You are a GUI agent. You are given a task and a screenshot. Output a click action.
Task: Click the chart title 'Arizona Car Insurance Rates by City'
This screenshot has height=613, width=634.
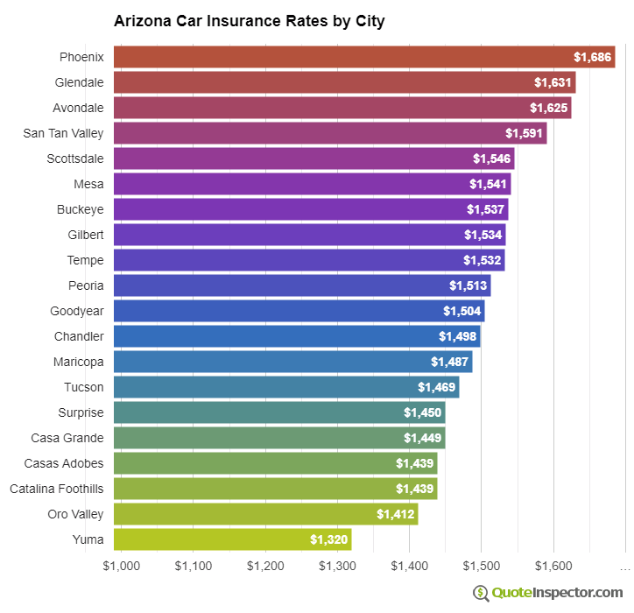pyautogui.click(x=249, y=20)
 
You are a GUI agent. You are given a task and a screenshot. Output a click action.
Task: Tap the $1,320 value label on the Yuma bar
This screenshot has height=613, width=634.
pyautogui.click(x=328, y=539)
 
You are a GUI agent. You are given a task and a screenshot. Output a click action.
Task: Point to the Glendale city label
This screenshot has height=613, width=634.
pyautogui.click(x=79, y=82)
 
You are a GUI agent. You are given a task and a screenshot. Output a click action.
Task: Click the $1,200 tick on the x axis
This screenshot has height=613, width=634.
pyautogui.click(x=265, y=566)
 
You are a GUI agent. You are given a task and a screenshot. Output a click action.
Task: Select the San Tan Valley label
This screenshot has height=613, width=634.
pyautogui.click(x=63, y=133)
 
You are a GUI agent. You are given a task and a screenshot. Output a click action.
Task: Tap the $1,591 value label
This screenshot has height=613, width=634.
pyautogui.click(x=524, y=133)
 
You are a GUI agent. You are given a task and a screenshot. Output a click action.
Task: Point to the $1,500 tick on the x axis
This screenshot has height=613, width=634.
pyautogui.click(x=481, y=566)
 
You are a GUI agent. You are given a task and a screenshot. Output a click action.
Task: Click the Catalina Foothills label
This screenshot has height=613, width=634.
pyautogui.click(x=57, y=489)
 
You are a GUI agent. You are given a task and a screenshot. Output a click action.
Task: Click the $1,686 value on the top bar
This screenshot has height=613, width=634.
pyautogui.click(x=592, y=57)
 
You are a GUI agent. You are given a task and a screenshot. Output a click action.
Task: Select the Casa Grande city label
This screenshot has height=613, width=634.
pyautogui.click(x=67, y=438)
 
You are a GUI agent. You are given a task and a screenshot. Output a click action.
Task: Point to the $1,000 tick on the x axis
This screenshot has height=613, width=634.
pyautogui.click(x=122, y=566)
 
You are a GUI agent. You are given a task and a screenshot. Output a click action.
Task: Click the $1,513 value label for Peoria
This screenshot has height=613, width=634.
pyautogui.click(x=468, y=285)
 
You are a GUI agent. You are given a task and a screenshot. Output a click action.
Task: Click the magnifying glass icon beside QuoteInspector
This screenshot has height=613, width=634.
pyautogui.click(x=481, y=593)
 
